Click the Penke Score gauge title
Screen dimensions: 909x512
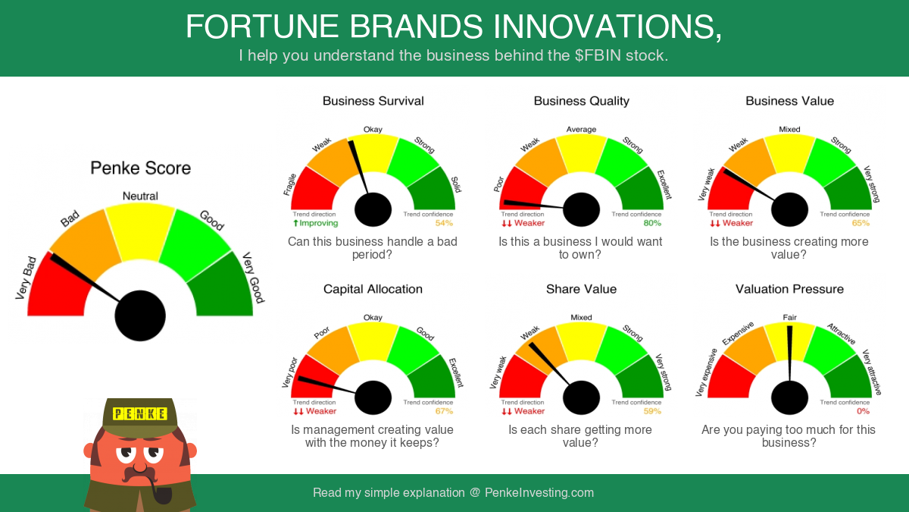click(x=140, y=168)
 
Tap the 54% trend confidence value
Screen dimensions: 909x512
click(x=444, y=223)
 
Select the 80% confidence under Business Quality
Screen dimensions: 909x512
click(x=652, y=223)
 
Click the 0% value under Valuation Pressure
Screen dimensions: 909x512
click(x=863, y=411)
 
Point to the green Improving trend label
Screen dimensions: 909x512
click(x=316, y=223)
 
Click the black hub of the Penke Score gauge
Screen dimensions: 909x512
click(x=140, y=316)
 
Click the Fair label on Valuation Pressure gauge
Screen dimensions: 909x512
click(x=789, y=317)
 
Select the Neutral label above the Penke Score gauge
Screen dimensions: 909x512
click(x=140, y=196)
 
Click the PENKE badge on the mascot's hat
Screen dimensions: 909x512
click(x=139, y=413)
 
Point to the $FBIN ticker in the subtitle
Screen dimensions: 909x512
click(x=598, y=55)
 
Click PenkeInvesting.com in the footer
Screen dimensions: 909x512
click(x=539, y=492)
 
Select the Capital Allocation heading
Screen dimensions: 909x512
click(x=373, y=289)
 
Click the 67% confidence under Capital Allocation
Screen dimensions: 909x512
click(x=444, y=411)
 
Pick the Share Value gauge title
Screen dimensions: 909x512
click(x=581, y=289)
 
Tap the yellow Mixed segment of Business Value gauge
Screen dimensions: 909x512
click(x=789, y=155)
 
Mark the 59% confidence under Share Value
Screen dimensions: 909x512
click(x=652, y=411)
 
